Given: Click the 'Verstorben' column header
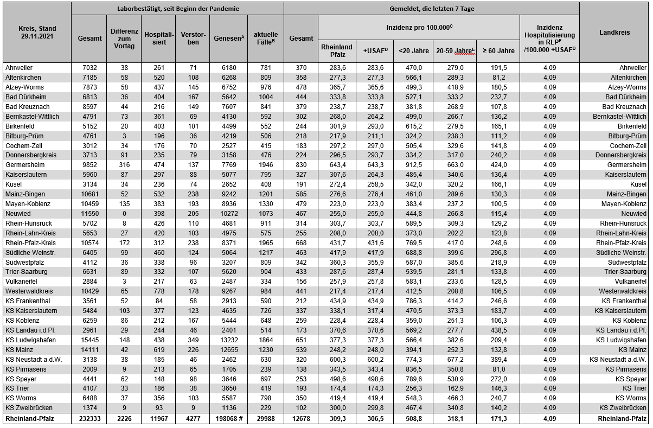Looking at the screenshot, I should [193, 38].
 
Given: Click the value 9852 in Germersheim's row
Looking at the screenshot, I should [89, 165].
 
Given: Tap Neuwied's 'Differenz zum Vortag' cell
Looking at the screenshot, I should [124, 214].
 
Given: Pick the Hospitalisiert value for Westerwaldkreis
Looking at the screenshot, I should [159, 292].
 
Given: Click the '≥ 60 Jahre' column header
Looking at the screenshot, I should [498, 51].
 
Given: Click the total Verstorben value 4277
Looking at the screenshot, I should [193, 419].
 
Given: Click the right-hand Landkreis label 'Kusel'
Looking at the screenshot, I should [637, 184].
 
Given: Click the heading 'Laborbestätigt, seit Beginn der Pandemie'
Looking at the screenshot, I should [178, 9].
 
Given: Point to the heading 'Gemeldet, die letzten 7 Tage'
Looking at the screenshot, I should [431, 9].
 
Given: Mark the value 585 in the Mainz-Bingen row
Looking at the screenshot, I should [301, 194].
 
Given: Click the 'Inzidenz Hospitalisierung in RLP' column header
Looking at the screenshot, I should [549, 38].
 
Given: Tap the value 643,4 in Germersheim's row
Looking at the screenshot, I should [337, 165].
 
